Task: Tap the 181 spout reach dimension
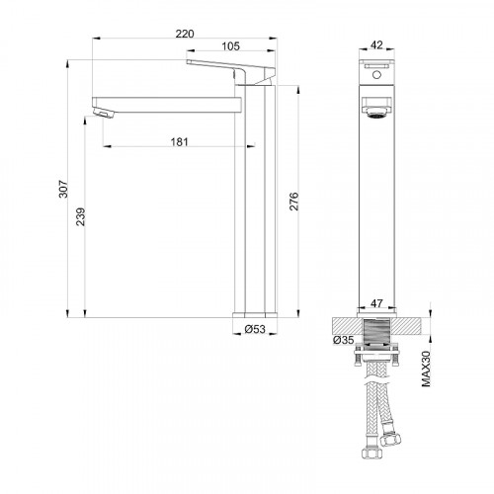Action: (x=179, y=141)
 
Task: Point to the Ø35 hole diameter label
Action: (x=341, y=341)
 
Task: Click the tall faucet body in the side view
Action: (x=254, y=198)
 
